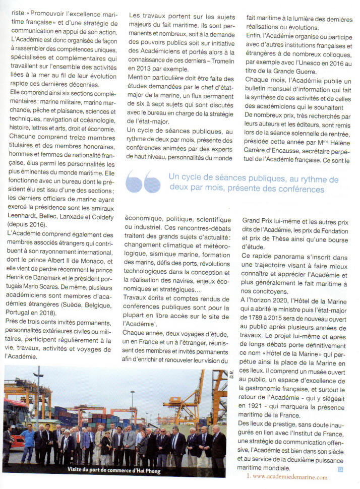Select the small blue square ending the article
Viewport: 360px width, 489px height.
pos(340,468)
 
